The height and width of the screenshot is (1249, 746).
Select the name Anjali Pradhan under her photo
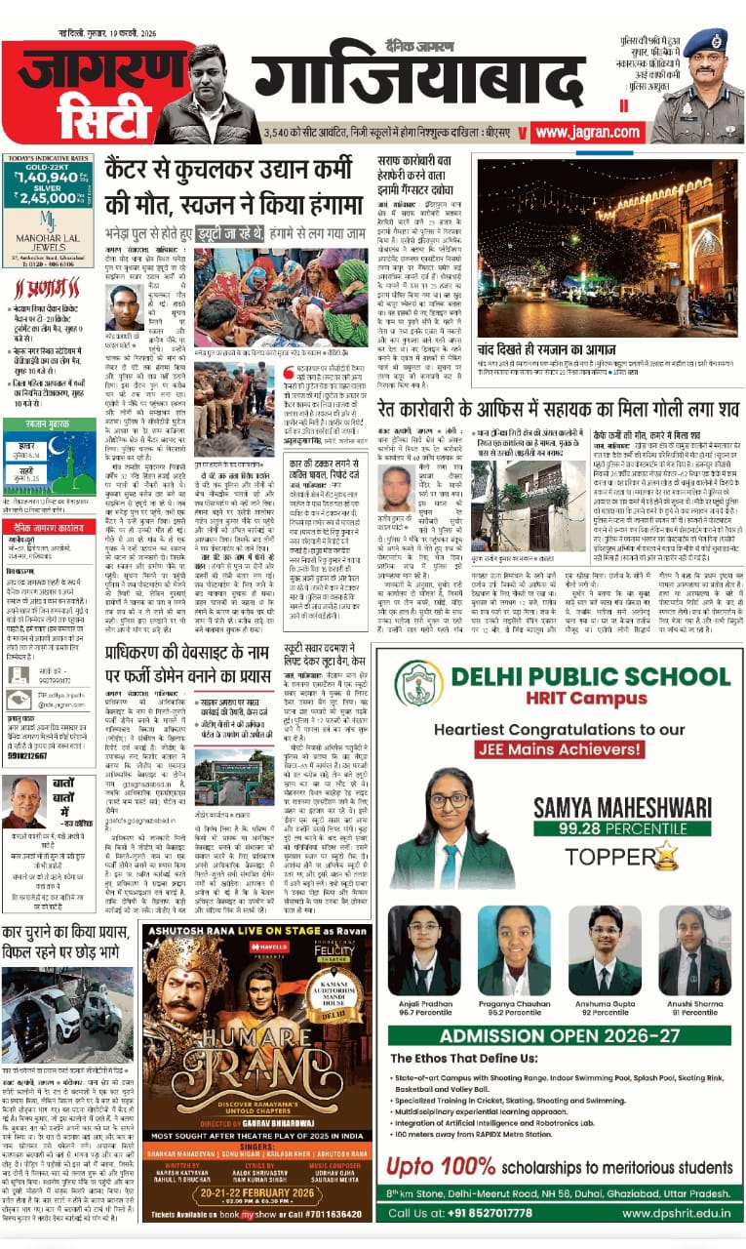tap(424, 983)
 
